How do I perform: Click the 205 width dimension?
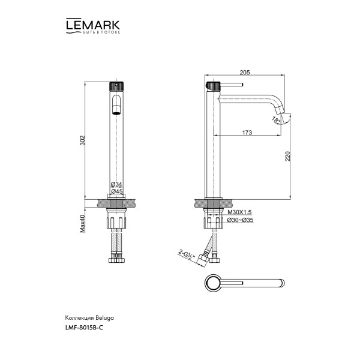(244, 73)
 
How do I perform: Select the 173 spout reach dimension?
(247, 132)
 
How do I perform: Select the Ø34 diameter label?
(116, 184)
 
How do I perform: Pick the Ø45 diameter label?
(116, 191)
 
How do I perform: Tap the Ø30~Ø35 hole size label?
(239, 220)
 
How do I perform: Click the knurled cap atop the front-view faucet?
(116, 85)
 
